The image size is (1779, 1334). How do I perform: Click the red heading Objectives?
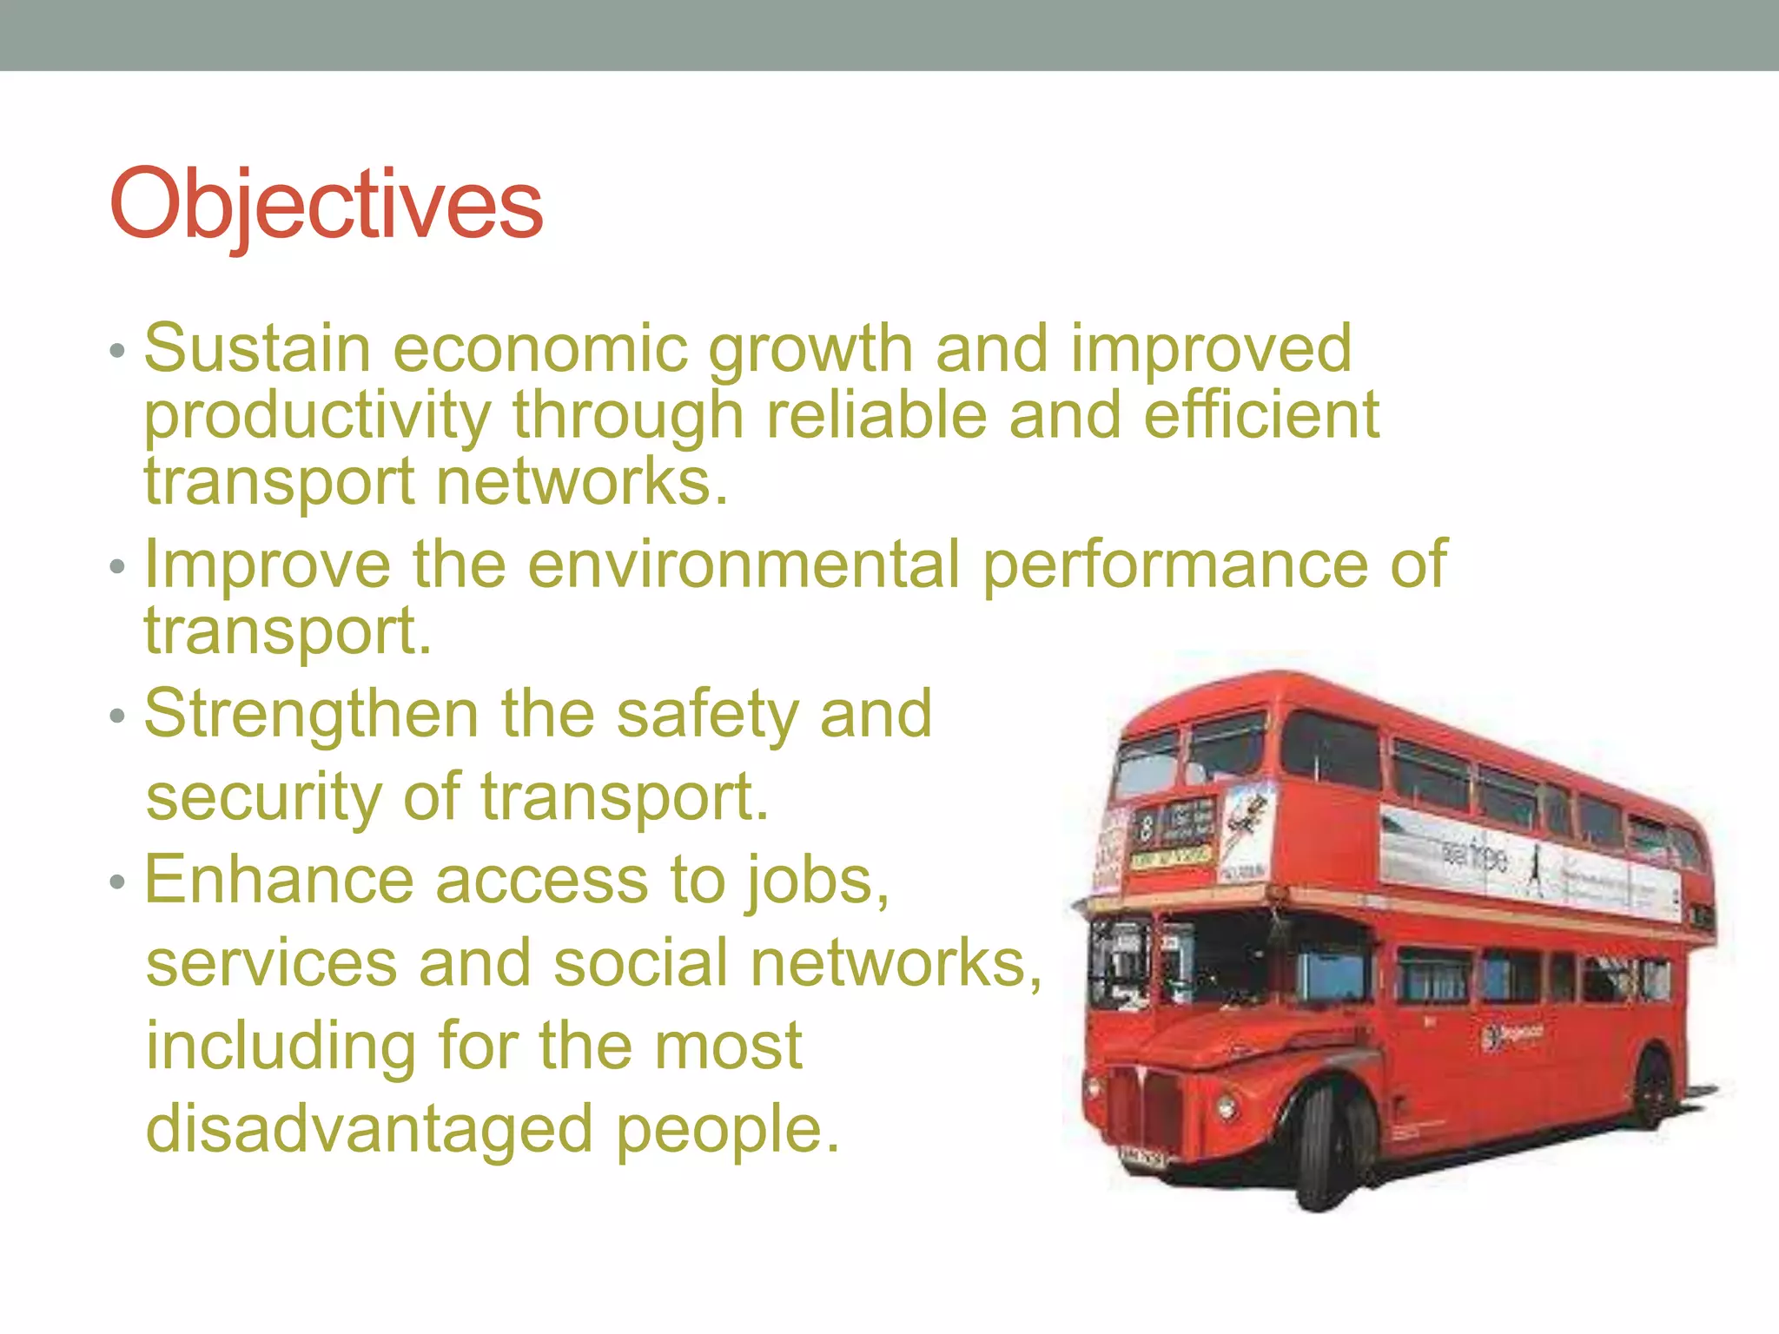(326, 205)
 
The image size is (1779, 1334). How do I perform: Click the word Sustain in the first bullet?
(258, 349)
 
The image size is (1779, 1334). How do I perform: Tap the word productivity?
(317, 417)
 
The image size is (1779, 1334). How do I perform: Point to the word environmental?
(744, 565)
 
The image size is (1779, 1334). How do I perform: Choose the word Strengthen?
(311, 715)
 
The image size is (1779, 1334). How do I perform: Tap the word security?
(263, 796)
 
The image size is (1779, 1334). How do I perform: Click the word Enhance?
(278, 880)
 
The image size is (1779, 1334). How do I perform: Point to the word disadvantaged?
(369, 1129)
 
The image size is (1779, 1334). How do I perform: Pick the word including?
(281, 1047)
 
